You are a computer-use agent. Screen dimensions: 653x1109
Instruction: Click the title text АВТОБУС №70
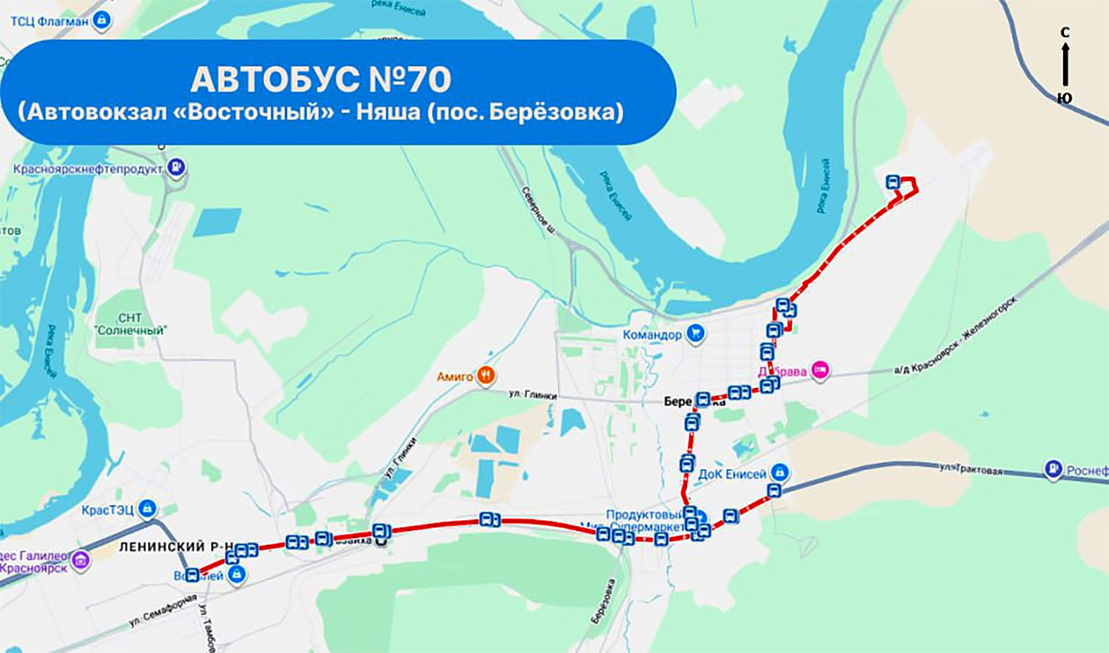tap(321, 79)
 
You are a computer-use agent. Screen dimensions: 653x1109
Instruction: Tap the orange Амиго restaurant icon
tap(487, 376)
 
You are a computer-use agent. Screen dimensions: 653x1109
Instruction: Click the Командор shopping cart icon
tap(695, 333)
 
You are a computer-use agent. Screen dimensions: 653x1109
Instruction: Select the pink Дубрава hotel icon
tap(821, 372)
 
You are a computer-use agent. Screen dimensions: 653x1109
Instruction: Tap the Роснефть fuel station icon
tap(1053, 469)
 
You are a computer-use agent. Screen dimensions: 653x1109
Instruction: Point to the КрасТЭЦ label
tap(107, 509)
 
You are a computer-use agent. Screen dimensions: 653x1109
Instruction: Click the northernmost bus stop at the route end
tap(893, 182)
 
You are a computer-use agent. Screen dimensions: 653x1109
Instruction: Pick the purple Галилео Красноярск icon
tap(81, 560)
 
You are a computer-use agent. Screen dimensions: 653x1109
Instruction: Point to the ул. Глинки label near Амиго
tap(531, 395)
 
